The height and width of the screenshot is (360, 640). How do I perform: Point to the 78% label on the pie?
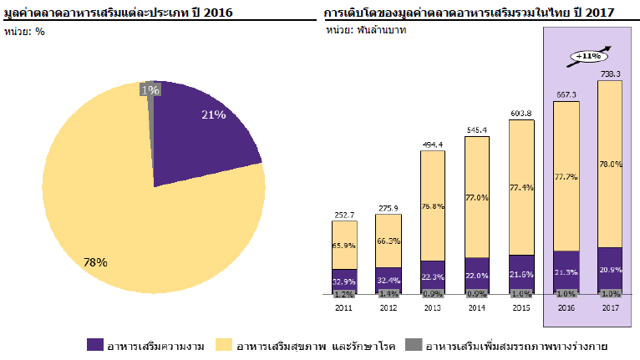[x=95, y=261]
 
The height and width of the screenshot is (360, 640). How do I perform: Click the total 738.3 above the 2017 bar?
[x=610, y=74]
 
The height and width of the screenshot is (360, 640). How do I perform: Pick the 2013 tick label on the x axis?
[x=433, y=307]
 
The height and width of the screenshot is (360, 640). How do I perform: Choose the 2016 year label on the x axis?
[x=566, y=307]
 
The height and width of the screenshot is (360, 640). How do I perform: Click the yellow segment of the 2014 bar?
[x=477, y=196]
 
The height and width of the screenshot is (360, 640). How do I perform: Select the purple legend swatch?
[x=95, y=344]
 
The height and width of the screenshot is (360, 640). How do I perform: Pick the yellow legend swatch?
[x=222, y=344]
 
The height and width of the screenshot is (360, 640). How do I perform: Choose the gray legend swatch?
[x=412, y=344]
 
